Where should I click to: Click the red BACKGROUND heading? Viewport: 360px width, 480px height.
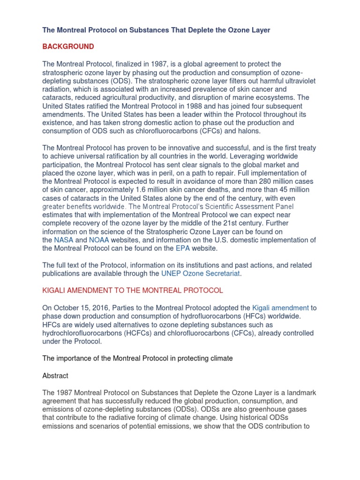tap(68, 46)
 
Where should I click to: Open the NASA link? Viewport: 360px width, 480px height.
tap(64, 240)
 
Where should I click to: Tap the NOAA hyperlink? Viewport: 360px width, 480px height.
tap(99, 240)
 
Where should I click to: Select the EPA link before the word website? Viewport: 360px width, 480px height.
tap(169, 248)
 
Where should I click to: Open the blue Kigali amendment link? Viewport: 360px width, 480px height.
tap(280, 307)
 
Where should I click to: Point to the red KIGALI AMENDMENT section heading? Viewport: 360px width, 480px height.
tap(133, 290)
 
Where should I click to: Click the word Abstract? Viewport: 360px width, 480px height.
tap(55, 375)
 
